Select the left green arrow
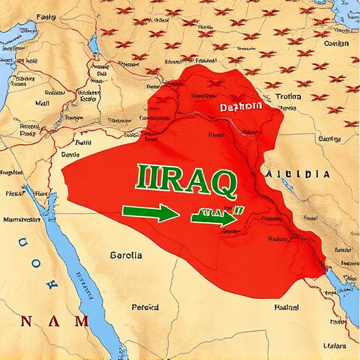(x=150, y=212)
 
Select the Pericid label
(x=145, y=307)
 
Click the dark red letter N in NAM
(x=27, y=321)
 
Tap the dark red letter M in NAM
(x=82, y=321)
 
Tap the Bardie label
(x=70, y=153)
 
